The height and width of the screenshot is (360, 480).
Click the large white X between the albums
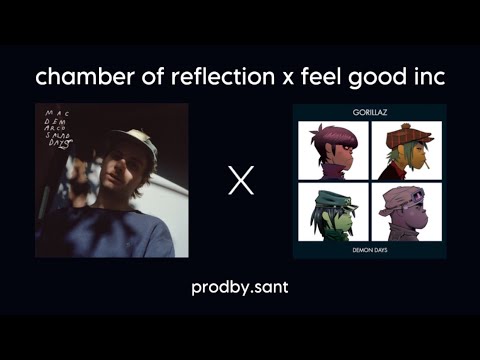coord(240,182)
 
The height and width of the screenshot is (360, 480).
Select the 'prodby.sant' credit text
coord(240,288)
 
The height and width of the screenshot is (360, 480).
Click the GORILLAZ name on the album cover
coord(369,111)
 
